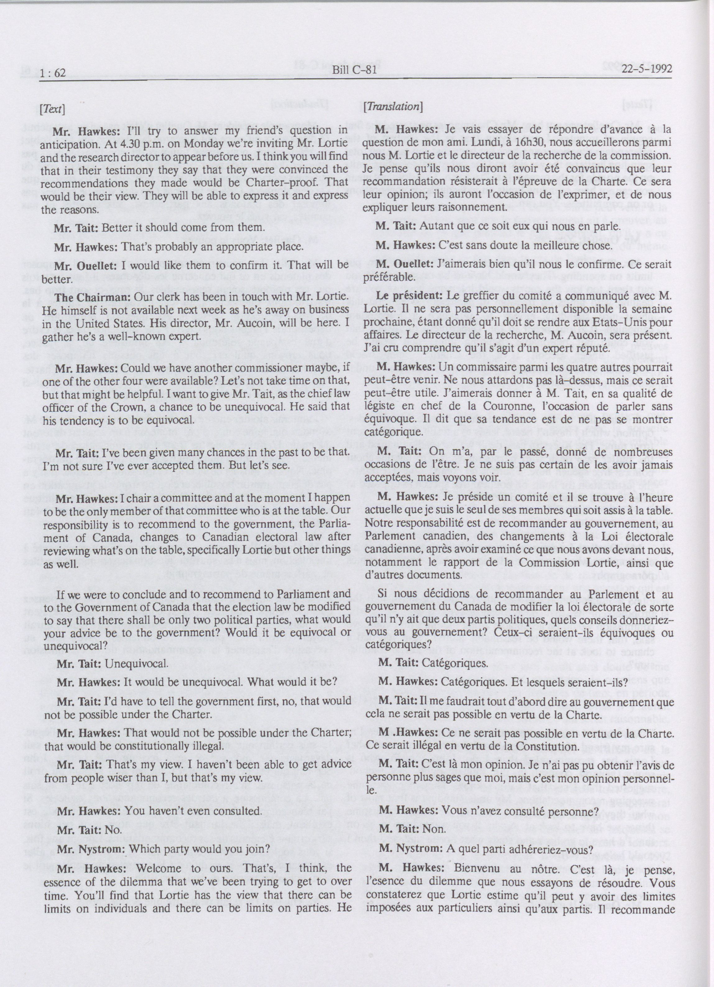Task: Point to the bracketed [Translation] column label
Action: [393, 106]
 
